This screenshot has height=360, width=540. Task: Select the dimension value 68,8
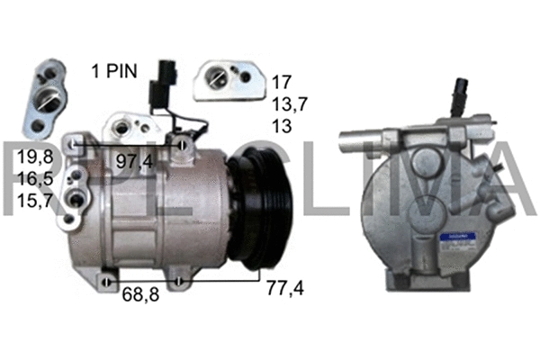tap(140, 294)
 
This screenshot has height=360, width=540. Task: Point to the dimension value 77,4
tap(285, 289)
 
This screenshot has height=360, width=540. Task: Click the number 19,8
tap(35, 158)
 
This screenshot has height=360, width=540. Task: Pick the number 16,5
tap(35, 179)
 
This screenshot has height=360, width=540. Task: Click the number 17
tap(282, 81)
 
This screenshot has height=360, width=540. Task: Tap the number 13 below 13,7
tap(282, 126)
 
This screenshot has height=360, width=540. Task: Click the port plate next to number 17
tap(228, 79)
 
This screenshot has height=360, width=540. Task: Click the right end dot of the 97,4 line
tap(183, 144)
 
